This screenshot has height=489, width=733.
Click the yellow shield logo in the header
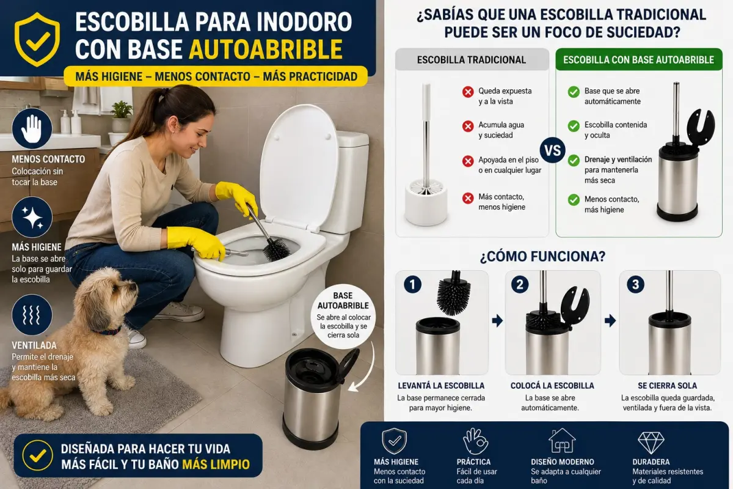(37, 40)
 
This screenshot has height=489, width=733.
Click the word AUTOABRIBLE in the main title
(266, 50)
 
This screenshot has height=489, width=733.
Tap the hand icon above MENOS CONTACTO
(32, 128)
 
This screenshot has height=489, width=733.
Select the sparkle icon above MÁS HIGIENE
(32, 217)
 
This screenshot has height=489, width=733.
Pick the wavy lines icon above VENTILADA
(32, 314)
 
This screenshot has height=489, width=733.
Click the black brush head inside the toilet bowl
(277, 249)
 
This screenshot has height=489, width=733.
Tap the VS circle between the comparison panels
(553, 150)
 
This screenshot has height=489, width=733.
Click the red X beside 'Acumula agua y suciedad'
(468, 126)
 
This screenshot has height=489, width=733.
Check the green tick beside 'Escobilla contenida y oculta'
(574, 126)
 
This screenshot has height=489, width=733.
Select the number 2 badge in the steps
(520, 284)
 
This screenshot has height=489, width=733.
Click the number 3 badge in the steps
(635, 284)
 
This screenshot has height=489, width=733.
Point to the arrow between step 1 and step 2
(497, 321)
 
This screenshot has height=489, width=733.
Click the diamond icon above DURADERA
(651, 442)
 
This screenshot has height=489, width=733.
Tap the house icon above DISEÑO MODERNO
(562, 441)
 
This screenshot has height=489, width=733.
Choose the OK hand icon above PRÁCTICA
(475, 441)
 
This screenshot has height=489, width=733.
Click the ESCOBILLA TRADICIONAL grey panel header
(472, 59)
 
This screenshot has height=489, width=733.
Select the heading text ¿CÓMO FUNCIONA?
(542, 257)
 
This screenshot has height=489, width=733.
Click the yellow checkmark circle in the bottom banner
(38, 455)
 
